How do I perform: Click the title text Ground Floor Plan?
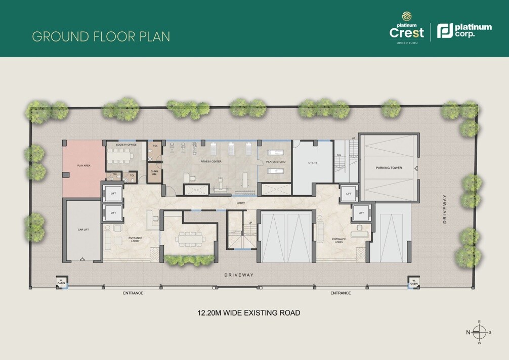click(x=101, y=36)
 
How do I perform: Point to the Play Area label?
click(x=83, y=165)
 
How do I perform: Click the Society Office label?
click(x=126, y=145)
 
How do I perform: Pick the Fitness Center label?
click(x=210, y=162)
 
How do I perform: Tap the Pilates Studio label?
click(x=276, y=162)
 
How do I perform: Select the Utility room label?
click(x=312, y=163)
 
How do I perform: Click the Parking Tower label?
click(x=389, y=167)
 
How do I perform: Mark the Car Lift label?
click(x=83, y=229)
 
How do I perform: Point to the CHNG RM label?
click(x=154, y=172)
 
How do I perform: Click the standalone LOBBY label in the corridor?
click(x=241, y=203)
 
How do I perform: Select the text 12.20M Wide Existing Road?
click(x=248, y=313)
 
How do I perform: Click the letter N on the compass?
click(x=468, y=332)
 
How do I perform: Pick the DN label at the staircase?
click(x=338, y=156)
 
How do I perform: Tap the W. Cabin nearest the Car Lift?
click(x=61, y=282)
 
